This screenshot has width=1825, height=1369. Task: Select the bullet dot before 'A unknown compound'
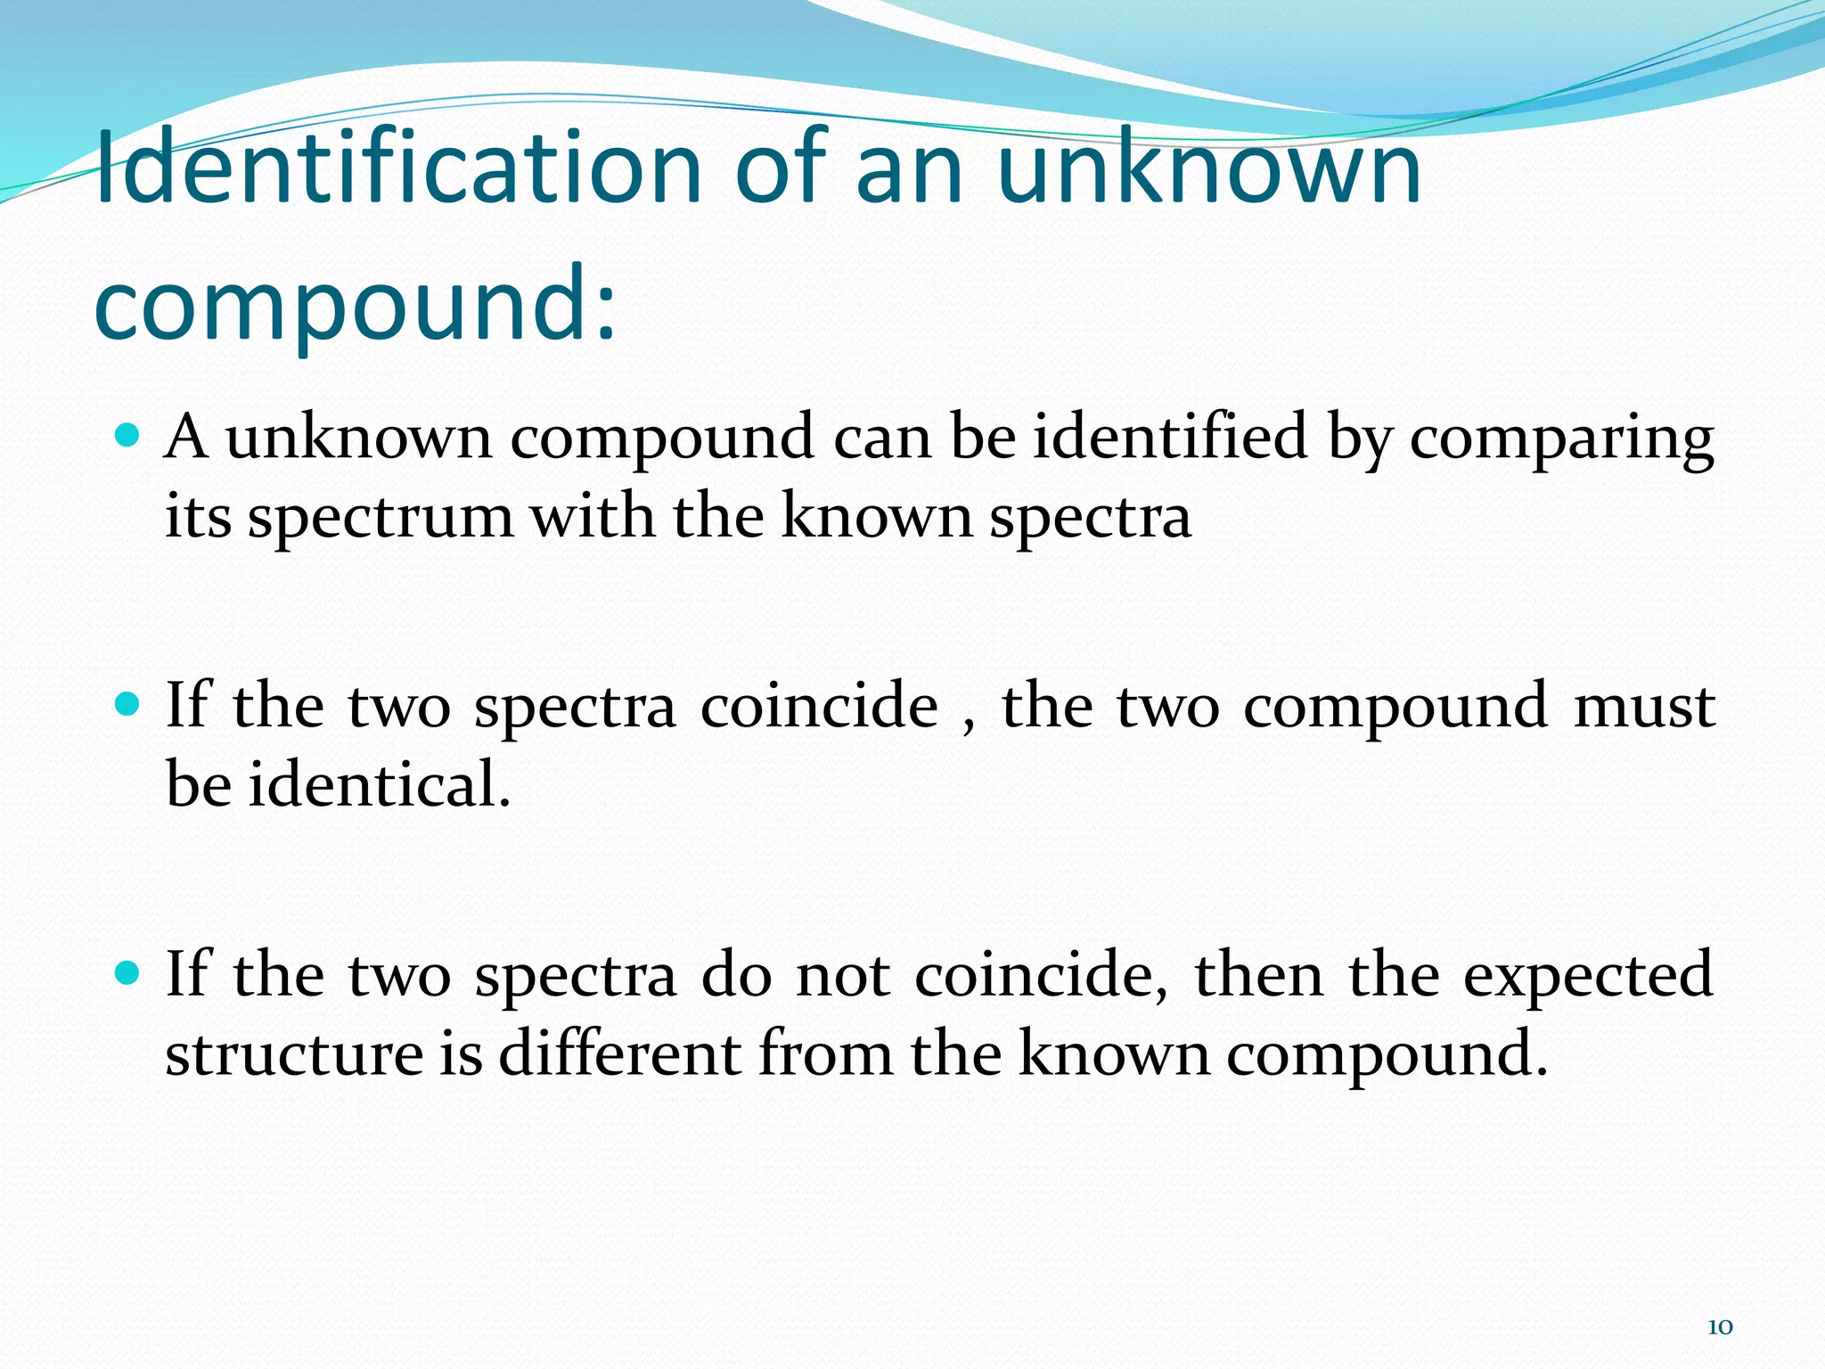click(128, 435)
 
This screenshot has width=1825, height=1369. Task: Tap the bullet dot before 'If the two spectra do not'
click(128, 974)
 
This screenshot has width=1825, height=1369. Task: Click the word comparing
click(1561, 439)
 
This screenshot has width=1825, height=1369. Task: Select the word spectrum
click(381, 517)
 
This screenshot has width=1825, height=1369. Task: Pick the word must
click(1644, 707)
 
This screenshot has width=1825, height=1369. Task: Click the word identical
click(379, 784)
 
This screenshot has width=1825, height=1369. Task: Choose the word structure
click(294, 1053)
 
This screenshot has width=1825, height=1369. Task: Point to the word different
click(619, 1053)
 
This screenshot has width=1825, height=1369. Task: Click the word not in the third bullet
click(842, 976)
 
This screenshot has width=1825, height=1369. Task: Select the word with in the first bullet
click(593, 517)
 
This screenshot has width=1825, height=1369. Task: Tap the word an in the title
click(910, 167)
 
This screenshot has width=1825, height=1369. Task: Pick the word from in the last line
click(825, 1053)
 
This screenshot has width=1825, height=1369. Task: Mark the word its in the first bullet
click(198, 517)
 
